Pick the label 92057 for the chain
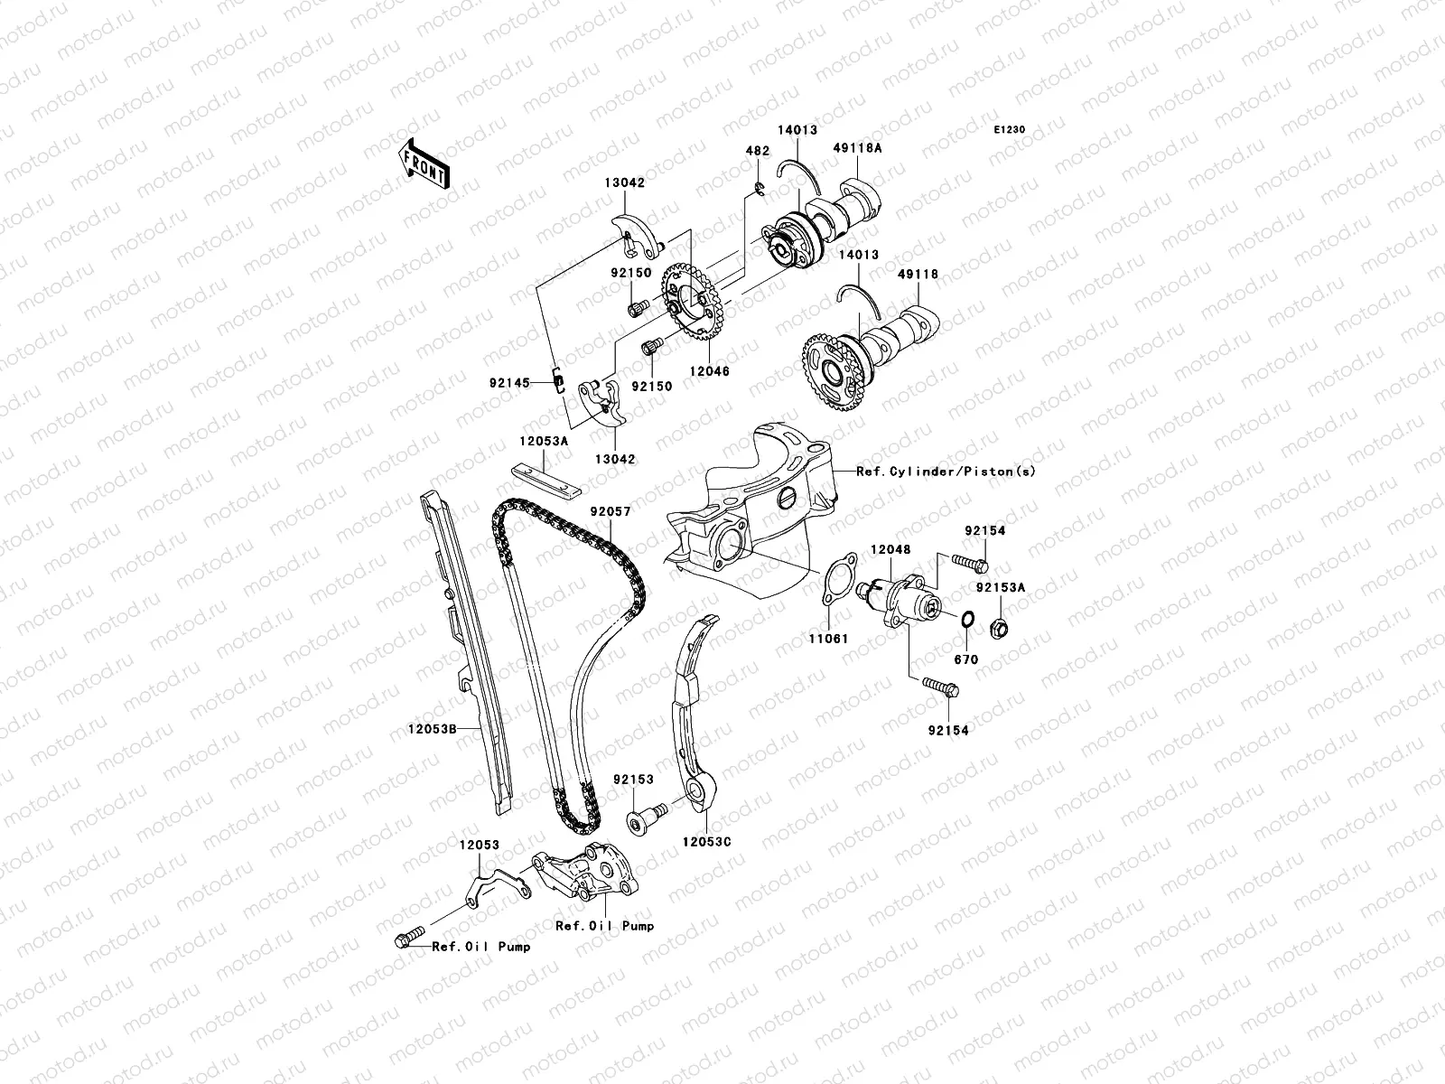coord(611,510)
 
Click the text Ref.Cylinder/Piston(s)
coord(946,472)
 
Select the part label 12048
coord(890,549)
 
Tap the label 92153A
coord(1000,587)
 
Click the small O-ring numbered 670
coord(965,620)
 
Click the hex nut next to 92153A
coord(1000,625)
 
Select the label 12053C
coord(706,842)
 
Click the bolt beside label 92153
coord(645,817)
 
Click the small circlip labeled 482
coord(760,188)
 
